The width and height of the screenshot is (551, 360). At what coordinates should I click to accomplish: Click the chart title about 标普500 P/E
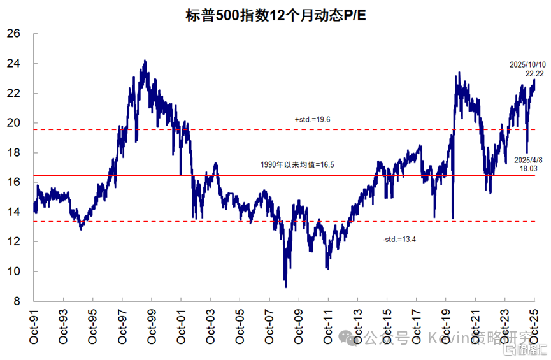tap(275, 13)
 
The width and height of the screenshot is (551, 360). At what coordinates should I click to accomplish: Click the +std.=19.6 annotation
tap(312, 119)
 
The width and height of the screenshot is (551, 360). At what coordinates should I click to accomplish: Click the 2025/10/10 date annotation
tap(528, 65)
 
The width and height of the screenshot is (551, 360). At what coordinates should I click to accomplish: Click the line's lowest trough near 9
tap(285, 286)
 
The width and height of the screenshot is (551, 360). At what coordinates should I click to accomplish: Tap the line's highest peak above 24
tap(145, 61)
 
